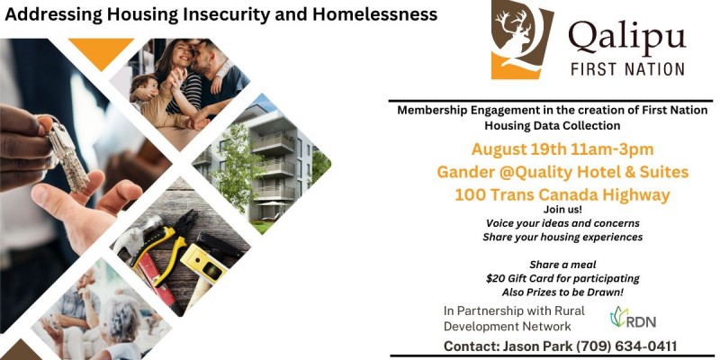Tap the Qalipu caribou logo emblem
click(522, 39)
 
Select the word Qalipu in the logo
click(626, 38)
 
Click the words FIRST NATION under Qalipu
click(627, 69)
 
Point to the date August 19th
click(517, 149)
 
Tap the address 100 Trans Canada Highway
click(562, 194)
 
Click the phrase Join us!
click(562, 210)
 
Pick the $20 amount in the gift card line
click(493, 278)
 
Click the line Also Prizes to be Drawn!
click(562, 292)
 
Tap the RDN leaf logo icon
click(618, 317)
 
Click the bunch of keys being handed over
click(67, 154)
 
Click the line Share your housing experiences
click(562, 238)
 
